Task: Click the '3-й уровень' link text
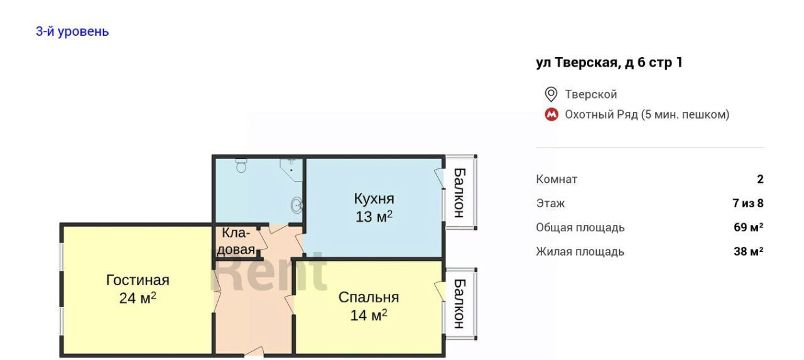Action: coord(72,31)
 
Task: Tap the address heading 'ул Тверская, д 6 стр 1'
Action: coord(609,62)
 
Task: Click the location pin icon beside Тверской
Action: coord(551,94)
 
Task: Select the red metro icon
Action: coord(551,114)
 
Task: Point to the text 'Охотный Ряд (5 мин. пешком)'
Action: coord(647,114)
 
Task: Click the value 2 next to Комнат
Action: coord(760,179)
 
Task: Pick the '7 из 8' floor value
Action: coord(748,203)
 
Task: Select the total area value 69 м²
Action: coord(748,227)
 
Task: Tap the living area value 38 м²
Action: coord(748,251)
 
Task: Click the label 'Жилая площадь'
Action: coord(580,251)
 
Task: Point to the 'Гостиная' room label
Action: coord(138,280)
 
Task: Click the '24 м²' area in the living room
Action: coord(138,298)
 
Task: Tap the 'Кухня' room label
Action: coord(374,199)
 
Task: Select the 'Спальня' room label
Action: coord(369,297)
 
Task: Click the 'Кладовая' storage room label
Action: coord(236,241)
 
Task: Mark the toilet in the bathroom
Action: coord(241,165)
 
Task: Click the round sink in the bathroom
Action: coord(296,205)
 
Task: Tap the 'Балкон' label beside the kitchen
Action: coord(459,193)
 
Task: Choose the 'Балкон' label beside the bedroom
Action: coord(459,303)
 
